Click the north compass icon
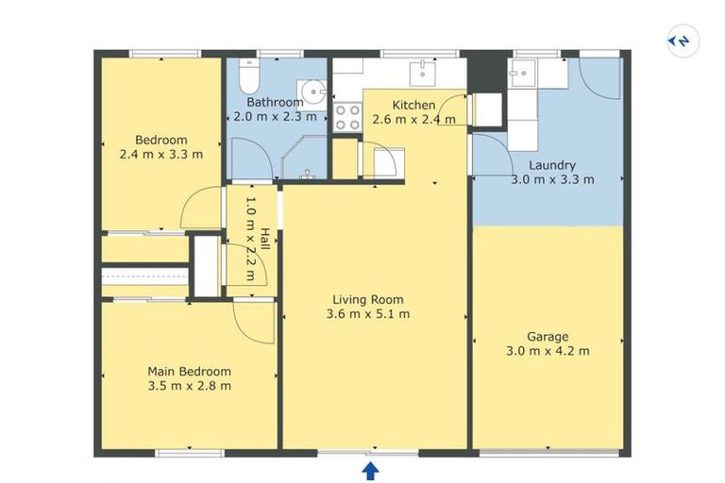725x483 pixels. [683, 42]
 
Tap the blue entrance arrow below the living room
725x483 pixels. [370, 472]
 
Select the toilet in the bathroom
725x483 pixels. [249, 76]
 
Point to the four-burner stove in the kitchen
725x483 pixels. [347, 117]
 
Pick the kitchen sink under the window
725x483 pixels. [423, 74]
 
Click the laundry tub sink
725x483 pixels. [522, 73]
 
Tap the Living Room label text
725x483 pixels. [368, 299]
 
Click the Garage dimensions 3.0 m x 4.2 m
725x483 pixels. [548, 351]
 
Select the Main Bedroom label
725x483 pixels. [189, 371]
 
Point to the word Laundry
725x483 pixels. [552, 165]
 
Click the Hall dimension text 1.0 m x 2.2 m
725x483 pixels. [250, 239]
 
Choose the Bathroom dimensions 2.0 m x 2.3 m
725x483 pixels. [275, 116]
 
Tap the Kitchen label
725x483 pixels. [413, 105]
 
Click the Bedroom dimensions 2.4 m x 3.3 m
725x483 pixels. [160, 154]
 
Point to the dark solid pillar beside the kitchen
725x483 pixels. [487, 72]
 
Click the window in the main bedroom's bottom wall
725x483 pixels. [190, 453]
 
